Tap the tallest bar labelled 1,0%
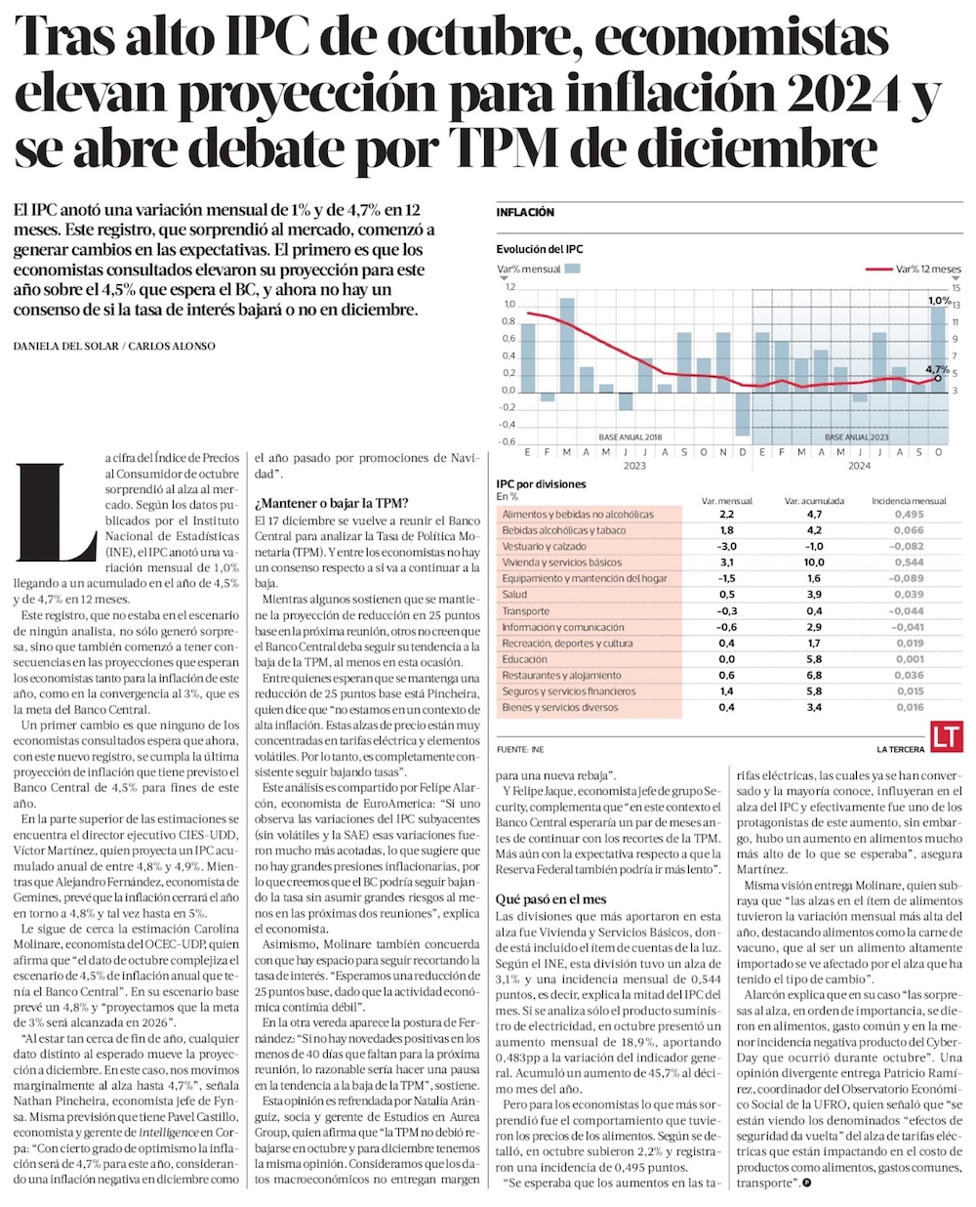pyautogui.click(x=938, y=347)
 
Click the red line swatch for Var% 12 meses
pyautogui.click(x=878, y=269)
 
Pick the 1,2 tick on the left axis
pyautogui.click(x=508, y=287)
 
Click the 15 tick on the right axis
pyautogui.click(x=956, y=287)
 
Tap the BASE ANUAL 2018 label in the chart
pyautogui.click(x=630, y=437)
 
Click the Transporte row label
pyautogui.click(x=526, y=611)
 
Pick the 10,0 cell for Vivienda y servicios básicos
pyautogui.click(x=813, y=562)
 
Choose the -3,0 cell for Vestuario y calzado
pyautogui.click(x=726, y=547)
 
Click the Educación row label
pyautogui.click(x=525, y=659)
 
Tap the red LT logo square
pyautogui.click(x=945, y=738)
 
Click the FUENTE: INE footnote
pyautogui.click(x=520, y=749)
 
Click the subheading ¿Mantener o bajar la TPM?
pyautogui.click(x=317, y=504)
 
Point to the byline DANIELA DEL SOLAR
pyautogui.click(x=65, y=346)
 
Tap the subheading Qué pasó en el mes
pyautogui.click(x=550, y=898)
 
